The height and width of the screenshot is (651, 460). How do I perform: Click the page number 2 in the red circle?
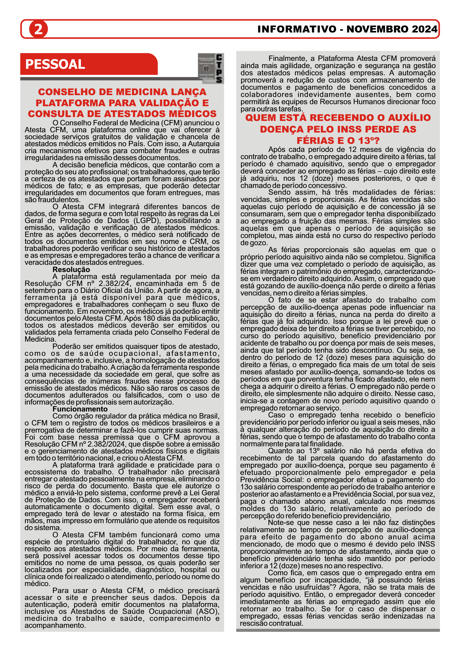[38, 29]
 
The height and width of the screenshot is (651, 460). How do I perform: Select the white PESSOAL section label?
[55, 64]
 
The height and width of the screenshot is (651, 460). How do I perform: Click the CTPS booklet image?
[211, 69]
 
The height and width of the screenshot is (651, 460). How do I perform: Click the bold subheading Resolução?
[71, 270]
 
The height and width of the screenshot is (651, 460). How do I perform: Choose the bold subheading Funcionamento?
[80, 409]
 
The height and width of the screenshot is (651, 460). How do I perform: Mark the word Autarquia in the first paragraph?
[204, 144]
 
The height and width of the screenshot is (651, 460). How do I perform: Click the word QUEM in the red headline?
[261, 118]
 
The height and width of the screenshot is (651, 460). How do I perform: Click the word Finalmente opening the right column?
[287, 59]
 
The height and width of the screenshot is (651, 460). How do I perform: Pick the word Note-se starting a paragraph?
[281, 523]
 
